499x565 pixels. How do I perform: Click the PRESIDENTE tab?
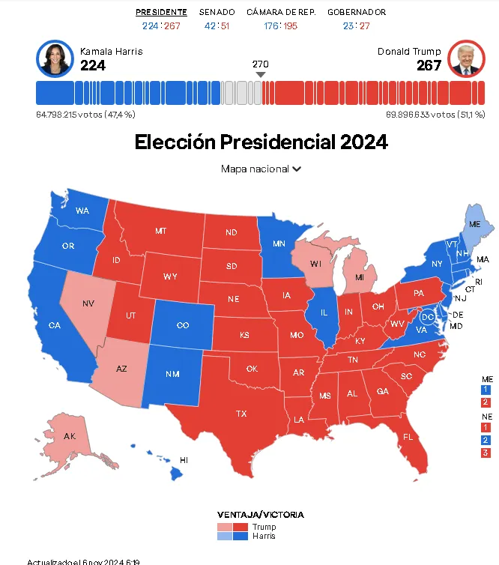[x=161, y=12]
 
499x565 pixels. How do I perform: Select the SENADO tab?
[x=217, y=12]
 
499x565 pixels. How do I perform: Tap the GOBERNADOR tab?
[x=357, y=12]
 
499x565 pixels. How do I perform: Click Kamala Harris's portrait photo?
[x=55, y=58]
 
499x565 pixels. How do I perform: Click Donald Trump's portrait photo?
[x=466, y=58]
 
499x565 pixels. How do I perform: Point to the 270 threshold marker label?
[x=261, y=64]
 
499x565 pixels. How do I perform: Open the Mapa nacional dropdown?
[x=261, y=169]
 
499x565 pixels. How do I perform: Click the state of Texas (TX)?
[x=241, y=414]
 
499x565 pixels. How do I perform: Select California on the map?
[x=54, y=325]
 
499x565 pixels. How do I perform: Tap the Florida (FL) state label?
[x=408, y=437]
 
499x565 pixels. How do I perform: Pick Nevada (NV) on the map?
[x=88, y=303]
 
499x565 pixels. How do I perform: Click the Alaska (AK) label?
[x=70, y=436]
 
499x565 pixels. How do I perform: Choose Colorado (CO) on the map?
[x=183, y=325]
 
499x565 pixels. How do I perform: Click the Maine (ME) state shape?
[x=474, y=224]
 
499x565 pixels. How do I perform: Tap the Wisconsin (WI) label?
[x=315, y=263]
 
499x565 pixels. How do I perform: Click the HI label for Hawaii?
[x=184, y=459]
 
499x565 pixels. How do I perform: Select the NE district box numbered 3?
[x=486, y=453]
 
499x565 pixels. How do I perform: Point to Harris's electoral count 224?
[x=93, y=66]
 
